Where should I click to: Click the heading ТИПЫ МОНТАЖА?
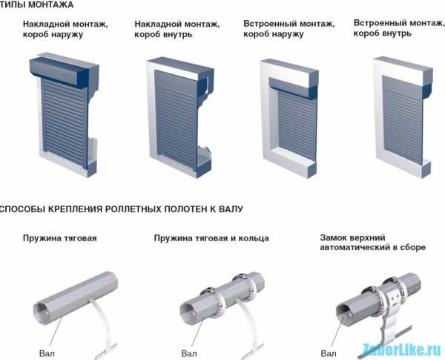(36, 4)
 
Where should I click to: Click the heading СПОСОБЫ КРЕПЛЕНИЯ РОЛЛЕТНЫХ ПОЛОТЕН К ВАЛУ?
(121, 209)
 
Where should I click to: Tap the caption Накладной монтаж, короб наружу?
(65, 29)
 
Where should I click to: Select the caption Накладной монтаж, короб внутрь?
(177, 29)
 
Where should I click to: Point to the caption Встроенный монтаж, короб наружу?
(289, 29)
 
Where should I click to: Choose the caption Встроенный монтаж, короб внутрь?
(399, 28)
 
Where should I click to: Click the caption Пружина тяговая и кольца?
(211, 238)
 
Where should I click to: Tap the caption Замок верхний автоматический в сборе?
(372, 243)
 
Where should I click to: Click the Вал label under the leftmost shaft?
(47, 353)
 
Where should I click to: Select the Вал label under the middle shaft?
(188, 353)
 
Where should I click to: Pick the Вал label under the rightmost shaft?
(329, 353)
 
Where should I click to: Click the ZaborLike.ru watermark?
(402, 349)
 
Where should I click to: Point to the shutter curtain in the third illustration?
(297, 125)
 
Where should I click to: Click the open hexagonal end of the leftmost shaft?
(42, 313)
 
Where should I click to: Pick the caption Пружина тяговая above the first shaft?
(60, 238)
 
